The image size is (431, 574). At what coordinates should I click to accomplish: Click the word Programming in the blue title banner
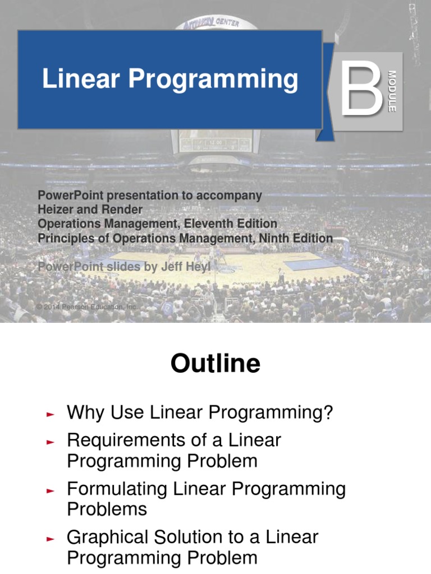coord(213,80)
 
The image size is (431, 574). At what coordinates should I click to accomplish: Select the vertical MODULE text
coord(392,91)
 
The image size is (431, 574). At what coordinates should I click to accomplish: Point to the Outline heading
coord(215,364)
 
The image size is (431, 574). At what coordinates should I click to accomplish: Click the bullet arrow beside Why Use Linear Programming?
coord(50,415)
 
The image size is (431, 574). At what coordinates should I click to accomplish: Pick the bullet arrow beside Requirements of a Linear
coord(50,442)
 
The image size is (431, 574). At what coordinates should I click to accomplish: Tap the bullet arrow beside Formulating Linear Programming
coord(50,491)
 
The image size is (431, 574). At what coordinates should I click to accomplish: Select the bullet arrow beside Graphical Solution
coord(50,539)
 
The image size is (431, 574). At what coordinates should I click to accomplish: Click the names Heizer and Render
coord(90,209)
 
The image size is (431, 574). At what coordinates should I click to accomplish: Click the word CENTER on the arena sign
coord(226,24)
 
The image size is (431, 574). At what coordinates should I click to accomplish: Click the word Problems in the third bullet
coord(107,510)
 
